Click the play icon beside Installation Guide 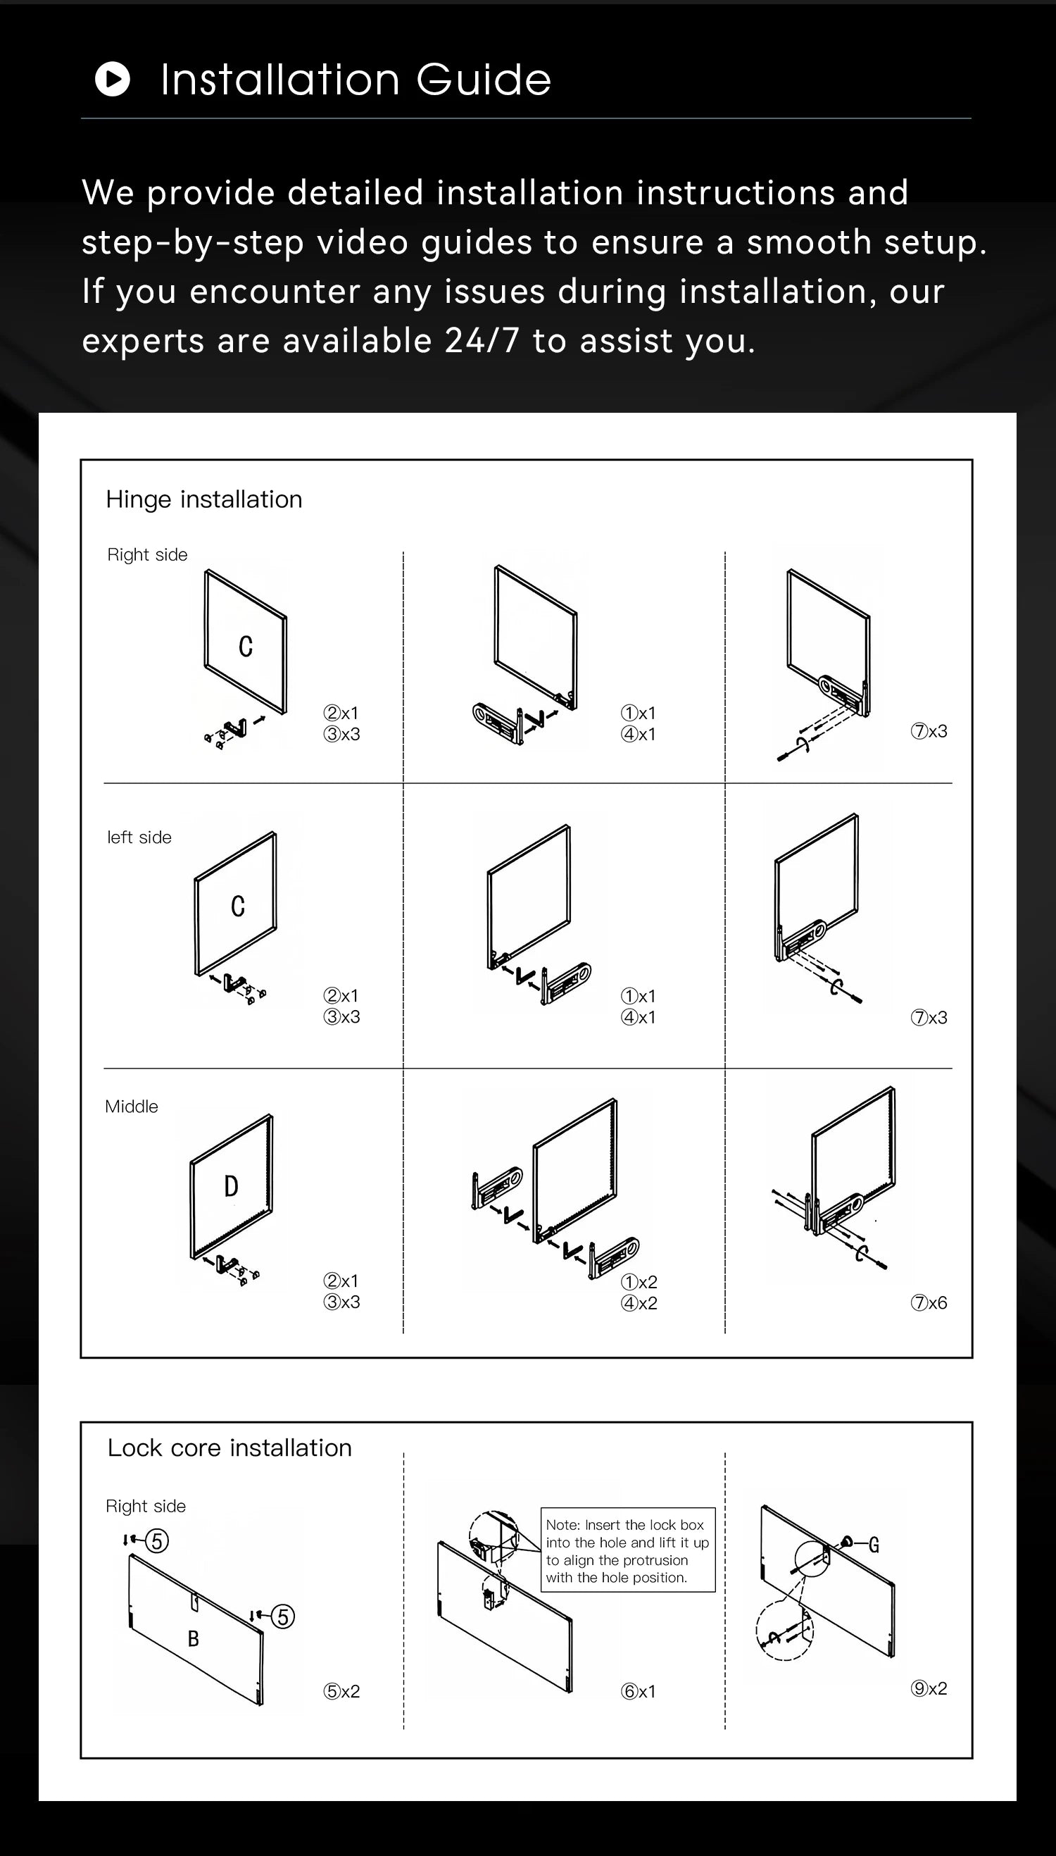click(113, 79)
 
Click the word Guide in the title click(483, 79)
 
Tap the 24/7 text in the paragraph click(482, 340)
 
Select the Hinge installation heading click(203, 499)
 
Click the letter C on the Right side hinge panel click(246, 647)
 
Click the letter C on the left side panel click(238, 907)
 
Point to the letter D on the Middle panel click(231, 1186)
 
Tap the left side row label click(139, 837)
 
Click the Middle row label click(131, 1107)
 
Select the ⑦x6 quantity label click(929, 1302)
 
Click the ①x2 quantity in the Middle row click(639, 1282)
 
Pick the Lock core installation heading click(230, 1447)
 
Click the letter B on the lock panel click(193, 1638)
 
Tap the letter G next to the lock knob click(874, 1545)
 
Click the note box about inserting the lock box click(627, 1550)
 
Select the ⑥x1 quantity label click(638, 1691)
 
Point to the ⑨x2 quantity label click(929, 1688)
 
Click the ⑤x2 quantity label click(341, 1691)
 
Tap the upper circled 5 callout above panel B click(157, 1540)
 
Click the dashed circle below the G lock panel click(784, 1632)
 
